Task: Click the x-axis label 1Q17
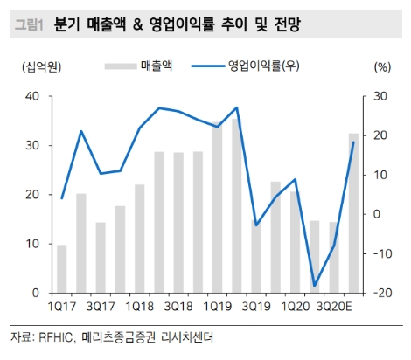[62, 307]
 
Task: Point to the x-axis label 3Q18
[178, 307]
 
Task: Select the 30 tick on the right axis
[381, 96]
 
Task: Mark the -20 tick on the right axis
[380, 293]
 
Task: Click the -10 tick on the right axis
[380, 253]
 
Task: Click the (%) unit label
[381, 66]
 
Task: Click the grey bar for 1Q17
[62, 269]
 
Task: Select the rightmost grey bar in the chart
[353, 213]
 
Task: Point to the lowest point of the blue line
[315, 286]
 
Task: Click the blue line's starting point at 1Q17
[62, 198]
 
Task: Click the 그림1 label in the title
[29, 25]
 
